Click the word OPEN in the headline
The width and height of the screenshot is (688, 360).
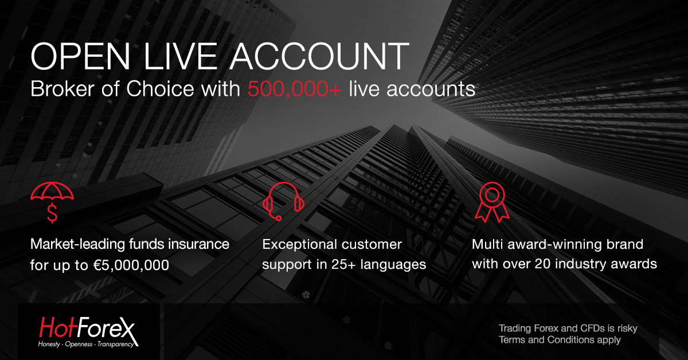80,57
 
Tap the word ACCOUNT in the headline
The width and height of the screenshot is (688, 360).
319,57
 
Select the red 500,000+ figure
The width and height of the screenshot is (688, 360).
294,89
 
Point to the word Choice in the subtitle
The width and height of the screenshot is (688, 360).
160,89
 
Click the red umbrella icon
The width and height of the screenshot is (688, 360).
52,191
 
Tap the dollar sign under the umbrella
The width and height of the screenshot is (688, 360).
52,213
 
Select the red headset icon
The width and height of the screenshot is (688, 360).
283,201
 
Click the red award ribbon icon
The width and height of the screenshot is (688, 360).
492,202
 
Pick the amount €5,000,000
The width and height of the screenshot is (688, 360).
131,265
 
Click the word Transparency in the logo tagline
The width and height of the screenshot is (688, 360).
116,345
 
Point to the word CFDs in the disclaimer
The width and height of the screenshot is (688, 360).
590,328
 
